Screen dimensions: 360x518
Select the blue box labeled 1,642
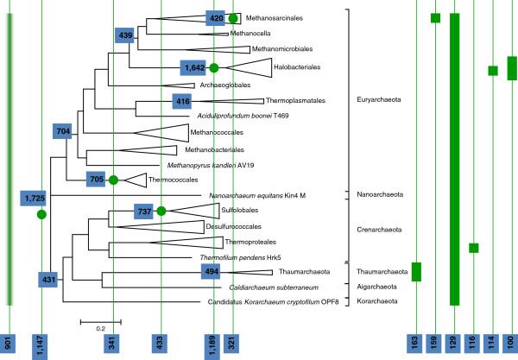(193, 66)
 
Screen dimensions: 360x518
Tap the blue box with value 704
(62, 131)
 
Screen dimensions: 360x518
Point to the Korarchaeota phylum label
(377, 301)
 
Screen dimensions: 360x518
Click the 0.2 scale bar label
(99, 329)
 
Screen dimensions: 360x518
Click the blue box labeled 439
(126, 35)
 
